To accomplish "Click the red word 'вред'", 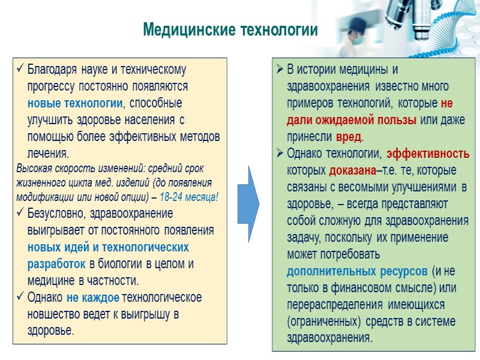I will pyautogui.click(x=349, y=136).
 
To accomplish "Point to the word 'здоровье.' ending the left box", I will pyautogui.click(x=51, y=331).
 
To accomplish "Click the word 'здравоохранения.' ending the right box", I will pyautogui.click(x=330, y=337).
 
